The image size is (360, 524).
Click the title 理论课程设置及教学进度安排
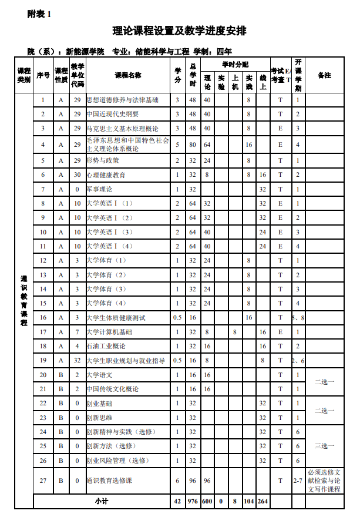(180, 31)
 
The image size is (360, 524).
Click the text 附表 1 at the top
(39, 14)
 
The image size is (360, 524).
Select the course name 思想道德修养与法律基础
(122, 100)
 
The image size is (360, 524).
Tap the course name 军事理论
(99, 189)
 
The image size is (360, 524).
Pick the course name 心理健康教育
(106, 174)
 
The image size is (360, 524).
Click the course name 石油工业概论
(106, 346)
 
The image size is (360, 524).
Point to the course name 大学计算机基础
(109, 332)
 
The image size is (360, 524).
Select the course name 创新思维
(99, 418)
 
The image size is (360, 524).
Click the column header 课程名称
(127, 75)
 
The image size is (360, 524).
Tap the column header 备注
(324, 75)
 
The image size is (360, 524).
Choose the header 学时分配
(235, 63)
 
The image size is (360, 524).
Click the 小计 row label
(102, 501)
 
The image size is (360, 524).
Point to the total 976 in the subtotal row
(193, 501)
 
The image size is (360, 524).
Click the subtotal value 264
(263, 501)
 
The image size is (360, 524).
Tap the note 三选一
(324, 446)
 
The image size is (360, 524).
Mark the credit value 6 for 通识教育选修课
(178, 481)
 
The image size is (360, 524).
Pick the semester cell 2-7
(298, 481)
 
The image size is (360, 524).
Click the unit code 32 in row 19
(77, 360)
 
